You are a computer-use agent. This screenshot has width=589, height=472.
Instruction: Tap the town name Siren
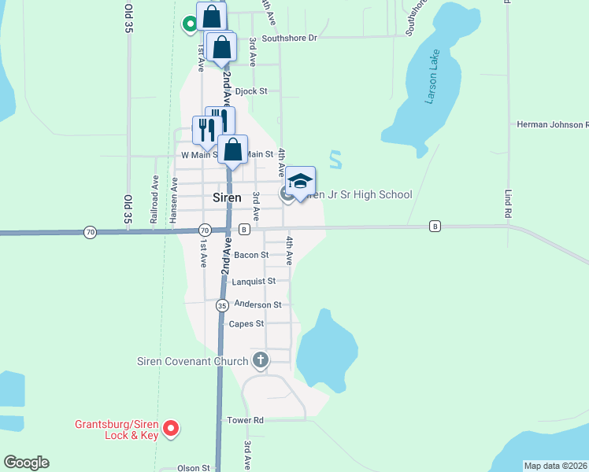(228, 197)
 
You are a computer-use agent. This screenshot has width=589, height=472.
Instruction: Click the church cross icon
(261, 361)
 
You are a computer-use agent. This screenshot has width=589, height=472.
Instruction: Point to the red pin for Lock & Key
(171, 429)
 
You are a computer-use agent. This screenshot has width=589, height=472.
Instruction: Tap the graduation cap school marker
(300, 182)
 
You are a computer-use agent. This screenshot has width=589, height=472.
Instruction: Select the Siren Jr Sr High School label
(357, 194)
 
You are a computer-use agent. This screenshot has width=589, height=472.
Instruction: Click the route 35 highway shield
(223, 305)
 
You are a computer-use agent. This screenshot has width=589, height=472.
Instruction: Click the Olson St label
(194, 468)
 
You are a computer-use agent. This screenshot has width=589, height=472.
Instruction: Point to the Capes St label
(246, 323)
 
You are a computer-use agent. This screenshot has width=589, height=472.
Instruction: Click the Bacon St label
(251, 255)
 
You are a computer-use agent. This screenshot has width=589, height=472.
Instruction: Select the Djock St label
(251, 91)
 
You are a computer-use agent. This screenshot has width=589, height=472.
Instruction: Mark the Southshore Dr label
(289, 37)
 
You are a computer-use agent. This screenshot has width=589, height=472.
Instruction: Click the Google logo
(26, 463)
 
